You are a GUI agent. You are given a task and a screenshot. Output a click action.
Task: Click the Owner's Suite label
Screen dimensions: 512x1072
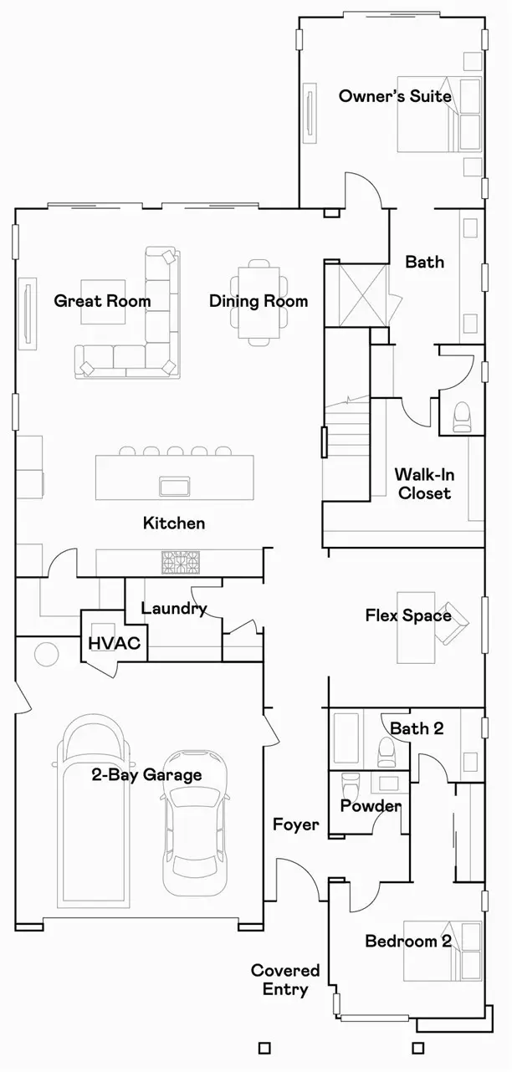(395, 96)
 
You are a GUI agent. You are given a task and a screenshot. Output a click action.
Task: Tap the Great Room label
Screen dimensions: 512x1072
(102, 301)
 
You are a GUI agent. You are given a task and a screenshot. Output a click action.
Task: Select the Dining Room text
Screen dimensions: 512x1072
(259, 301)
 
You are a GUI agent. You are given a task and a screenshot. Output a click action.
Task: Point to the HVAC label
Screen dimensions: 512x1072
(115, 643)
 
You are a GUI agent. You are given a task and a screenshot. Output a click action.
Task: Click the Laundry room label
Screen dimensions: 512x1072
(174, 609)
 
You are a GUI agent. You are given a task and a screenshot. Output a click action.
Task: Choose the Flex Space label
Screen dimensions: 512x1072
(408, 615)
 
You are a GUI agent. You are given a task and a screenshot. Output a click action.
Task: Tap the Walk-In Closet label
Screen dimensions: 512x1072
(424, 484)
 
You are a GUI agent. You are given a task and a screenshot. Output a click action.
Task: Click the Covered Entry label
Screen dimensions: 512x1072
(285, 980)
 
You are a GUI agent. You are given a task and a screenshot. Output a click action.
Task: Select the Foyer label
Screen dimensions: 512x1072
(295, 824)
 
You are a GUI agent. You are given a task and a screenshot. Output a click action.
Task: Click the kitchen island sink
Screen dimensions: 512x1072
(175, 487)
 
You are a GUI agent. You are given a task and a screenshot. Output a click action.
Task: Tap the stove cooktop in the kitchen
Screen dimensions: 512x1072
(180, 562)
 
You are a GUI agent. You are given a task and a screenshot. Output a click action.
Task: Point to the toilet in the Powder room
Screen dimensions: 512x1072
(349, 786)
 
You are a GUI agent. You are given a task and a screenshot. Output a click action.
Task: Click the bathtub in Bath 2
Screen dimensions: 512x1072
(346, 739)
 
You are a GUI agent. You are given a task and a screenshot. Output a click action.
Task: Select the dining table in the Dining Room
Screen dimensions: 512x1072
(259, 303)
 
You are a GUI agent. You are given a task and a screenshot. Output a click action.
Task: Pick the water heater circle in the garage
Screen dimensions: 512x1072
(47, 654)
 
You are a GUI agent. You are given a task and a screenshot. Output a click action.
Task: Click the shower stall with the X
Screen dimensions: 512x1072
(362, 295)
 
